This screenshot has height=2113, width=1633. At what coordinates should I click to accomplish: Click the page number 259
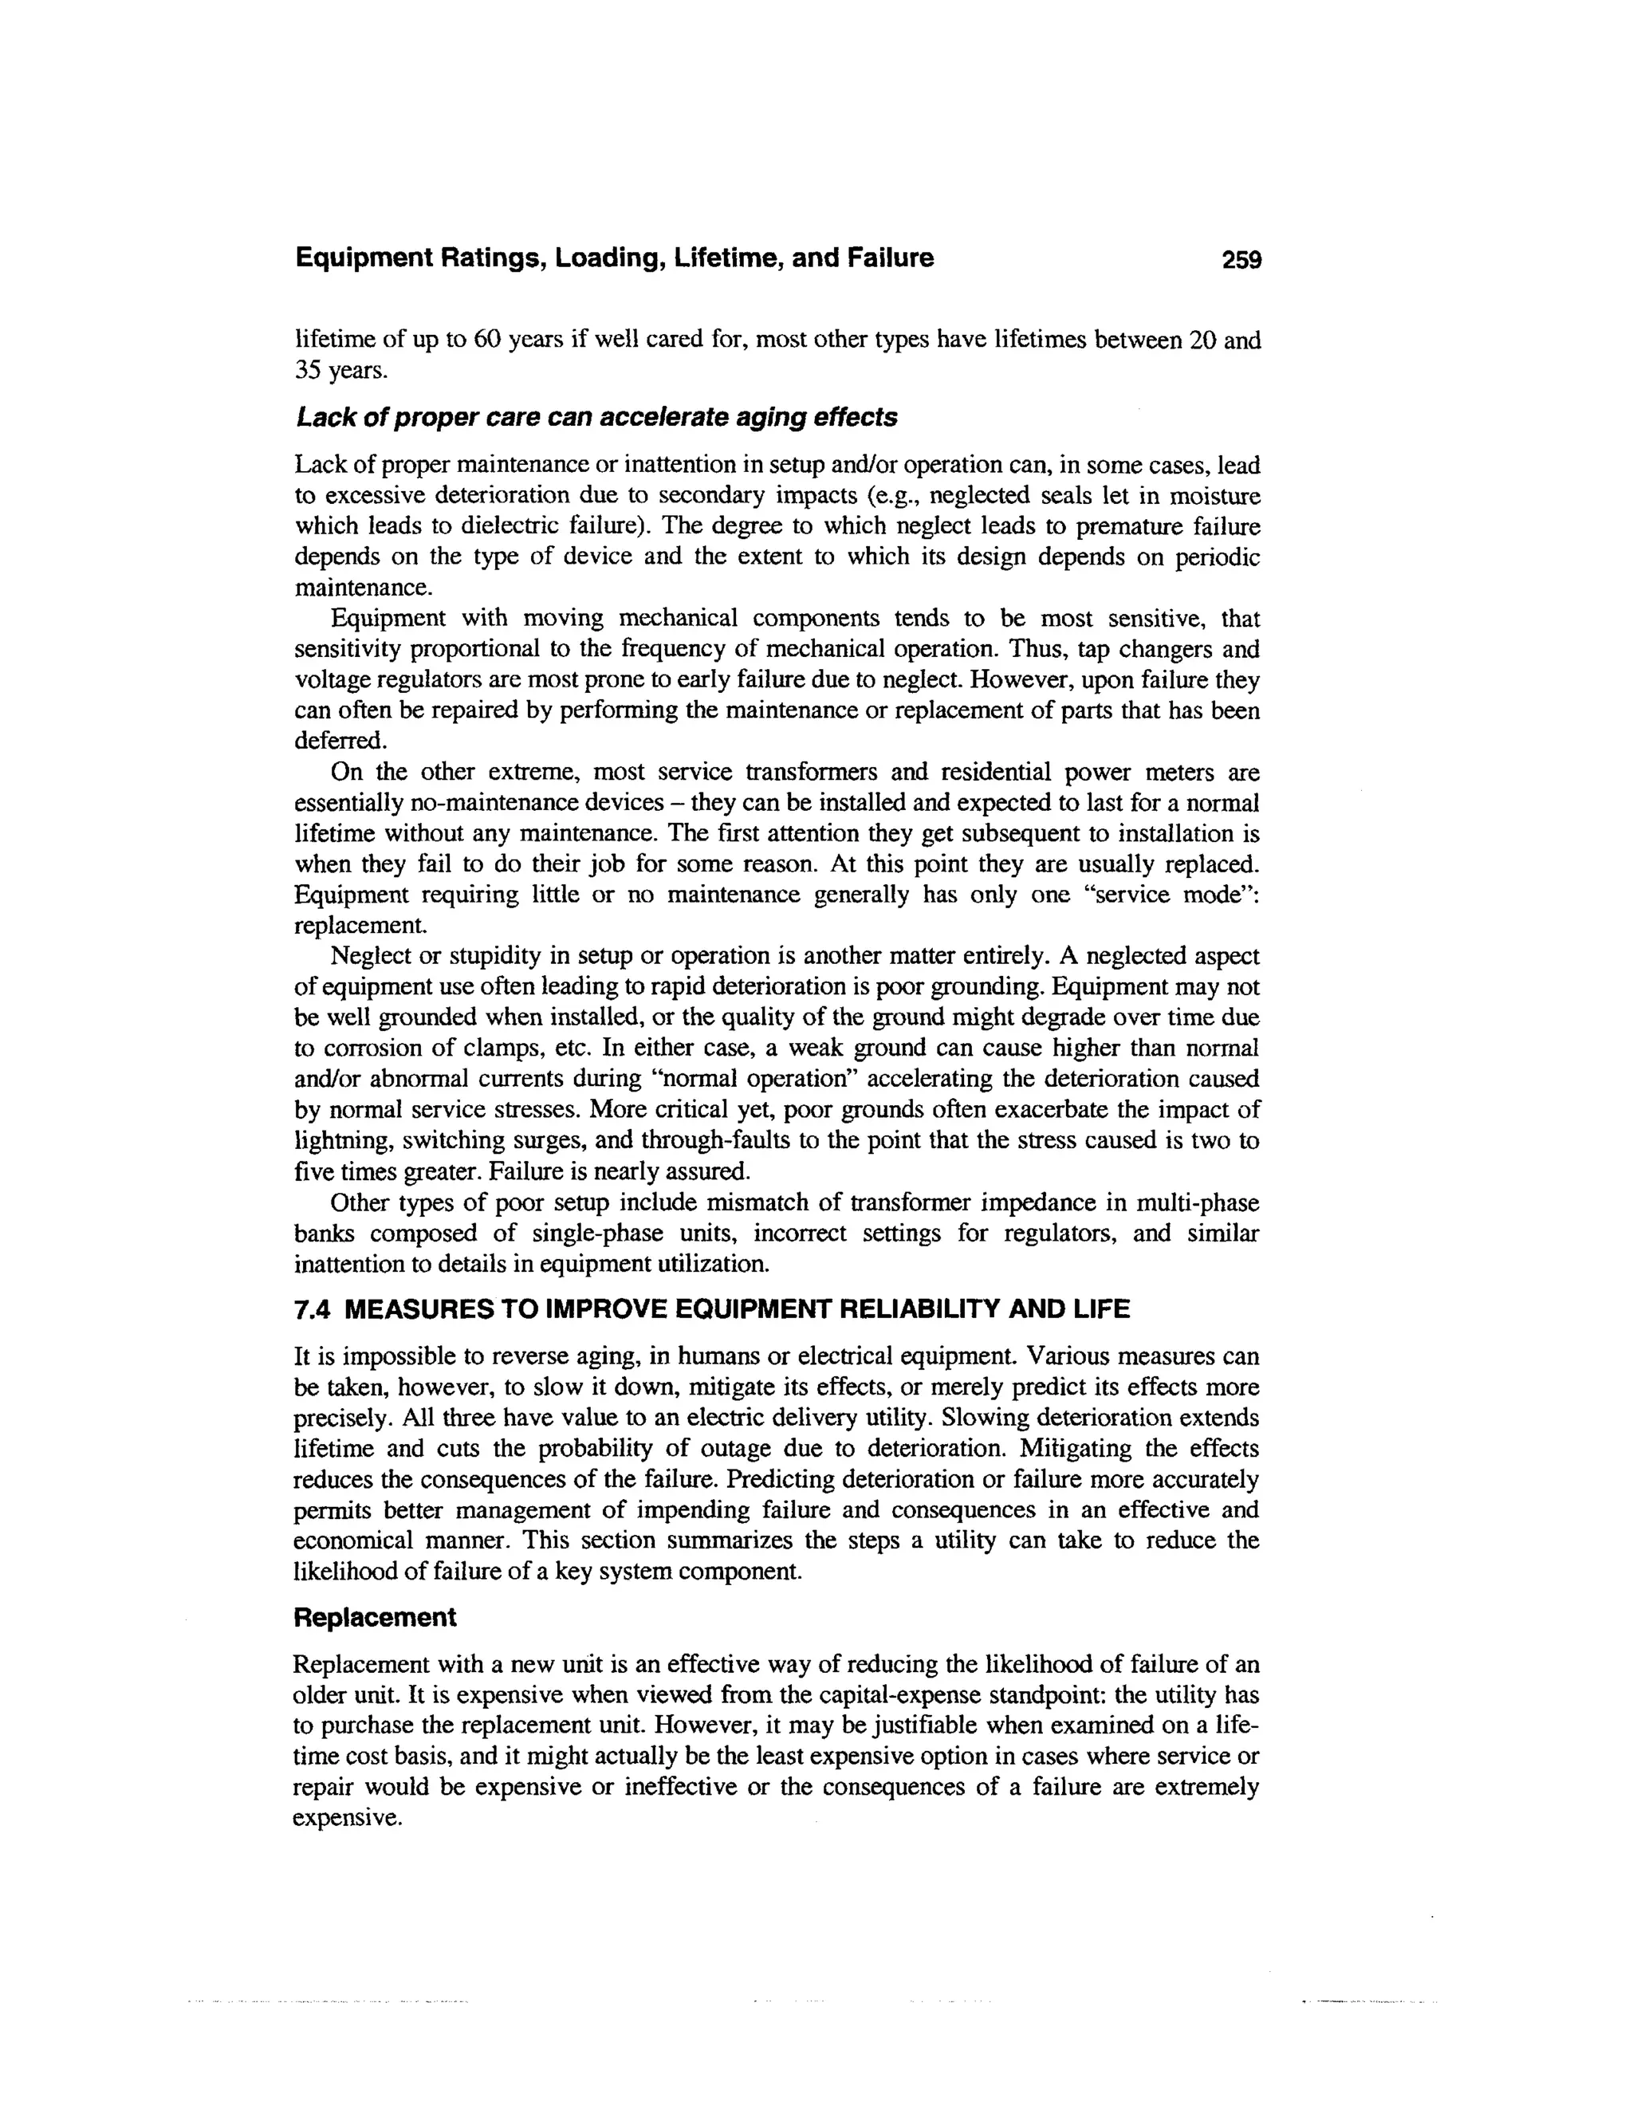point(1241,259)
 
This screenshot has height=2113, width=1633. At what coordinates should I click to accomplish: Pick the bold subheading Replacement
point(375,1618)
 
